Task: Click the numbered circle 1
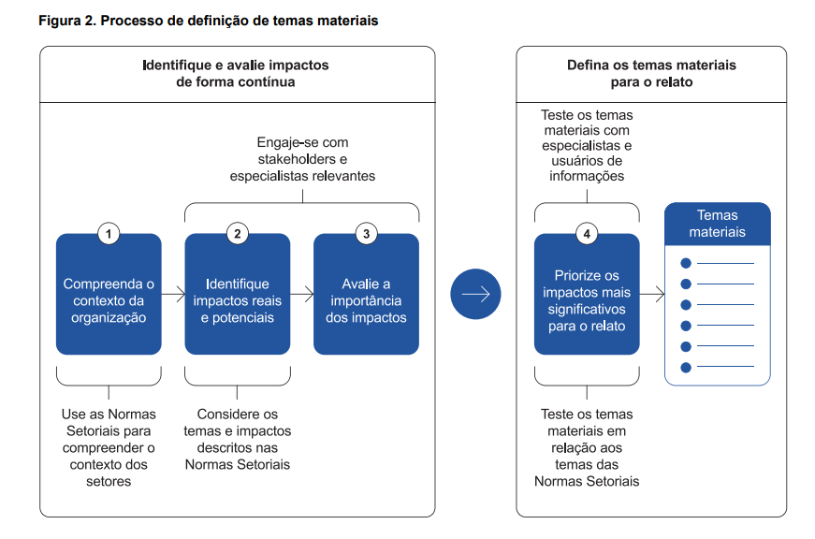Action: coord(109,234)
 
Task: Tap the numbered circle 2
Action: coord(238,234)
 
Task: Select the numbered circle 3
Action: coord(366,234)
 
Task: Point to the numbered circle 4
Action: coord(587,234)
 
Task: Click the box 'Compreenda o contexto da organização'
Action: coord(109,300)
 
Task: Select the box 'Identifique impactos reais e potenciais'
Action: coord(237,300)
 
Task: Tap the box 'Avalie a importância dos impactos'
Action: coord(366,300)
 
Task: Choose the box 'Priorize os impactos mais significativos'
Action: coord(587,300)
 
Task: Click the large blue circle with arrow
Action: coord(475,294)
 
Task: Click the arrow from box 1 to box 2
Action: coord(173,294)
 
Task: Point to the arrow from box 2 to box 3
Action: coord(301,294)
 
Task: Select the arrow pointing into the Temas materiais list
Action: coord(652,294)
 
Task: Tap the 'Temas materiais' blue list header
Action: coord(718,224)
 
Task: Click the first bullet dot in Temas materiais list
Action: coord(686,263)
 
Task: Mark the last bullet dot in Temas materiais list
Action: coord(686,367)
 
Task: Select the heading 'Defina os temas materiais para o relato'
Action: coord(651,74)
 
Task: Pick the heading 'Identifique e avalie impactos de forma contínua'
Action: coord(236,74)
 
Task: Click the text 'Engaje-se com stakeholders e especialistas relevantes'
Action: coord(302,159)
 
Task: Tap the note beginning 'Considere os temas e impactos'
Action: coord(238,439)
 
